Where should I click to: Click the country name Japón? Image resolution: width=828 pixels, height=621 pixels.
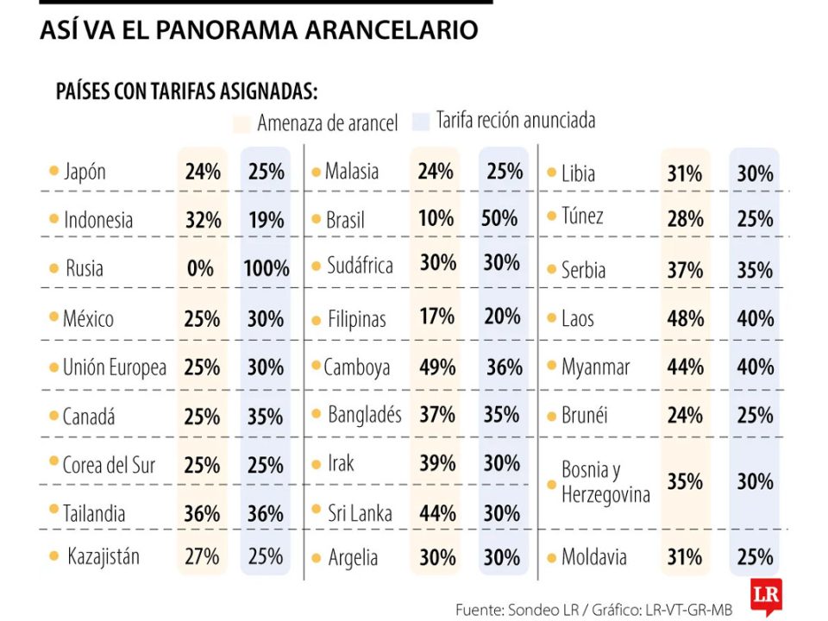(85, 172)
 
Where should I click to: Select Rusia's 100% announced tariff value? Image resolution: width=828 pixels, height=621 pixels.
(266, 268)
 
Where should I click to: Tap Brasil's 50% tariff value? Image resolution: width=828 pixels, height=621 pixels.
(499, 219)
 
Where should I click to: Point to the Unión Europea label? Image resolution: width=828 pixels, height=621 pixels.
(114, 367)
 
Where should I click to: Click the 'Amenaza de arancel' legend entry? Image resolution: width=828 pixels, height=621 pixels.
(327, 123)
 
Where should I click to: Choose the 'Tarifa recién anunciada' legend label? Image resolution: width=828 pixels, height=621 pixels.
(515, 120)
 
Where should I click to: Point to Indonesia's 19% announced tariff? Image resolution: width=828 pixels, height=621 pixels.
(266, 220)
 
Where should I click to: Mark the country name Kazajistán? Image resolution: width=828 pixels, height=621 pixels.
(103, 556)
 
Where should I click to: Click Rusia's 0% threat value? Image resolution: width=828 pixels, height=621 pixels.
(200, 268)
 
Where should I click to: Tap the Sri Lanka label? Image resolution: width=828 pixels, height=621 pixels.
(359, 513)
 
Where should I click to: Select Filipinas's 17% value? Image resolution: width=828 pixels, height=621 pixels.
(436, 316)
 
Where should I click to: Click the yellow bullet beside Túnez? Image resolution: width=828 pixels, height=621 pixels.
(551, 216)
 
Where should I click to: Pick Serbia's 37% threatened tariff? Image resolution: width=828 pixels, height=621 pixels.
(685, 270)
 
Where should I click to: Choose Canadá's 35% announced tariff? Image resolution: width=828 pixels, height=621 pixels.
(266, 417)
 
